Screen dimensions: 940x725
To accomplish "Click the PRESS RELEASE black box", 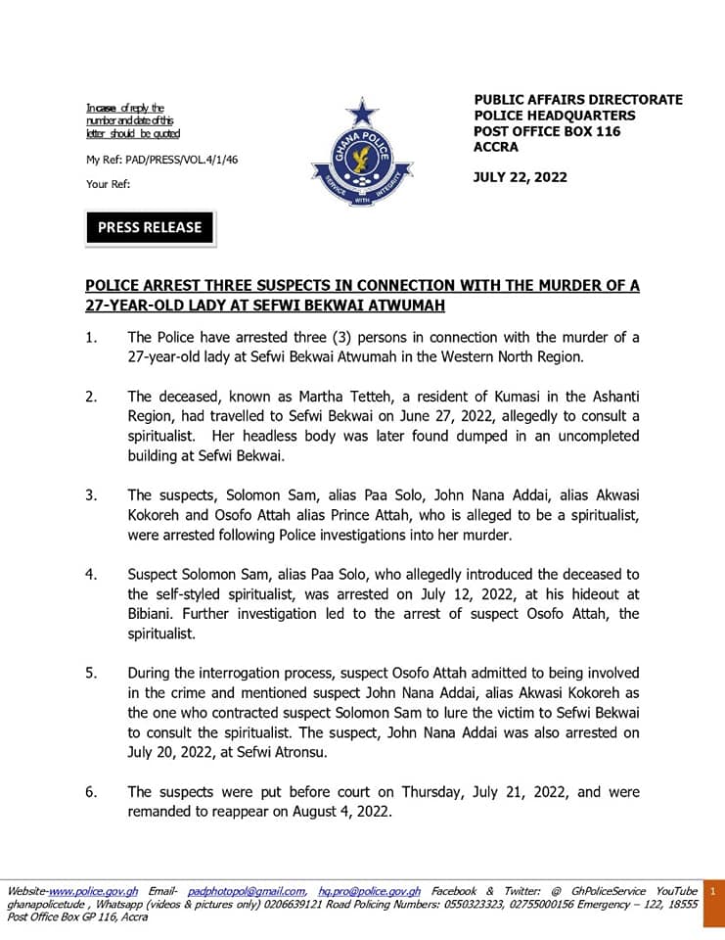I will tap(150, 227).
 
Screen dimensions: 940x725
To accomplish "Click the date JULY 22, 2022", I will tap(521, 177).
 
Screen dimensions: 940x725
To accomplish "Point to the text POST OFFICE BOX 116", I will tap(548, 131).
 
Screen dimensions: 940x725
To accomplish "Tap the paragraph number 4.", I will tap(91, 574).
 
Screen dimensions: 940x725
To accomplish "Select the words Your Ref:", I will tap(108, 183).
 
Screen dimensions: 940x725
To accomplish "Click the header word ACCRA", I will tap(496, 147).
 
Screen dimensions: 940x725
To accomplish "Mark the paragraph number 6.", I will tap(91, 792).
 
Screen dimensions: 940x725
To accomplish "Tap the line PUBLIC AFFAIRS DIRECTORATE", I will tap(578, 100).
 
